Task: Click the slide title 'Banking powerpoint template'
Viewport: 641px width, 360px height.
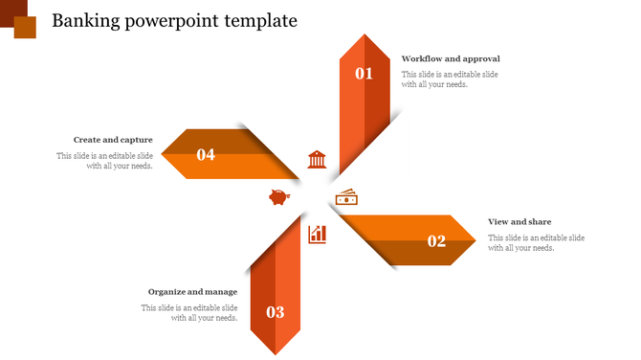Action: point(174,21)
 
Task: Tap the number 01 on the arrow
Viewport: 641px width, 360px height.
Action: point(365,73)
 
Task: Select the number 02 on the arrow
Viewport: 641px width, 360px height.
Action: point(437,241)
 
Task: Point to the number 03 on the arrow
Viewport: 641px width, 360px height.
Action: point(276,311)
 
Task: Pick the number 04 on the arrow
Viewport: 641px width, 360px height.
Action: point(206,154)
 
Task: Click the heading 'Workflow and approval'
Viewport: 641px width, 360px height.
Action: point(451,59)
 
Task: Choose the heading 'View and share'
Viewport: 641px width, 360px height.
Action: point(519,222)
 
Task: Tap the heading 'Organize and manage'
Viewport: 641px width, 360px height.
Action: point(192,292)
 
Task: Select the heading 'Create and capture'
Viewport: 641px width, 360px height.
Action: point(113,140)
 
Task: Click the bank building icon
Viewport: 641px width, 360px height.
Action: point(317,159)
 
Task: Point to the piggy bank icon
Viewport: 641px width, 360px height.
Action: point(279,197)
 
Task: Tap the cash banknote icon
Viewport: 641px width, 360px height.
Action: point(346,197)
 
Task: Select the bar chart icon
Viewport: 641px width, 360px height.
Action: point(317,234)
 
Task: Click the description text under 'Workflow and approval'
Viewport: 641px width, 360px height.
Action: point(449,79)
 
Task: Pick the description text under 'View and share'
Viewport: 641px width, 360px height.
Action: point(536,242)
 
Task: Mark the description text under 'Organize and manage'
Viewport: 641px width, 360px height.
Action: point(189,312)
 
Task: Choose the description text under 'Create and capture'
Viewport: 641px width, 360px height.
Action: point(104,160)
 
